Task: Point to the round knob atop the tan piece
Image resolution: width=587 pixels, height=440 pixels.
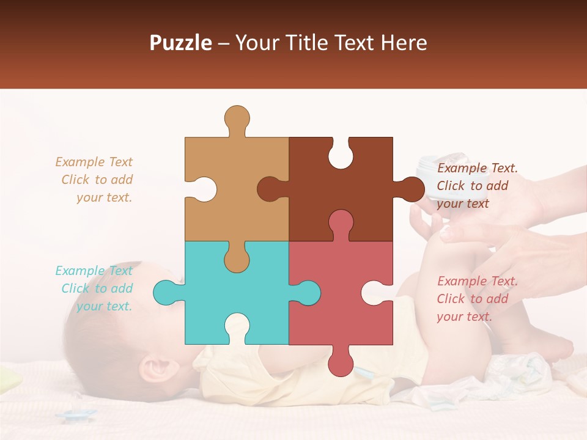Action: pos(237,117)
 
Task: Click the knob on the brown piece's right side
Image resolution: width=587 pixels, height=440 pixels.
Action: pos(411,189)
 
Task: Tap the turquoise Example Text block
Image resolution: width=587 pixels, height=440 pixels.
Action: pos(95,288)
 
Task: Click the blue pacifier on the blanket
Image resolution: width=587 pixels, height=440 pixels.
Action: pos(76,415)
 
